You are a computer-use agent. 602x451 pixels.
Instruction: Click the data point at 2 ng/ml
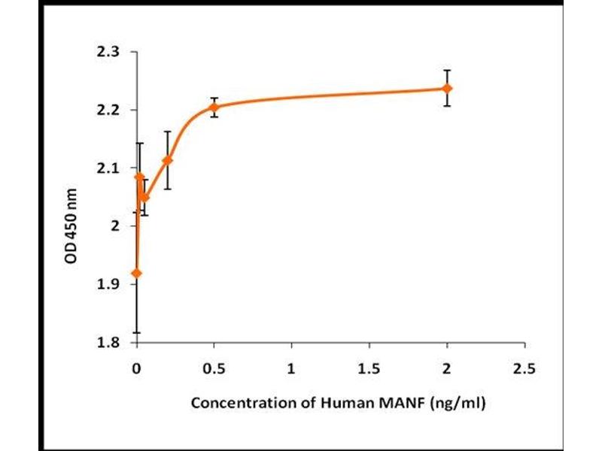click(x=447, y=88)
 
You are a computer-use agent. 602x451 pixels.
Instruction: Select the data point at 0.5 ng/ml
click(x=214, y=107)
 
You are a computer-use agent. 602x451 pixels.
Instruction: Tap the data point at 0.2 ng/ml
click(x=168, y=160)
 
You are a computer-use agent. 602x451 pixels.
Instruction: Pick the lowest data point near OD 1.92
click(x=136, y=273)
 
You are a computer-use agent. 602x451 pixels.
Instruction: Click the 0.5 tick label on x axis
click(x=214, y=370)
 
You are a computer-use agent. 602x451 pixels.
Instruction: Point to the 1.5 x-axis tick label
click(x=369, y=370)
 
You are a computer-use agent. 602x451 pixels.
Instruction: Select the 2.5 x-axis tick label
click(x=524, y=370)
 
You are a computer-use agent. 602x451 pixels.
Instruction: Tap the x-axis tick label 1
click(x=291, y=370)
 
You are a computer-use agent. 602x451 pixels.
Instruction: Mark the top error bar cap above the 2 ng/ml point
click(x=447, y=70)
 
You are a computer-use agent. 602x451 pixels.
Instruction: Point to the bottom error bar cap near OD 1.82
click(x=136, y=332)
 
